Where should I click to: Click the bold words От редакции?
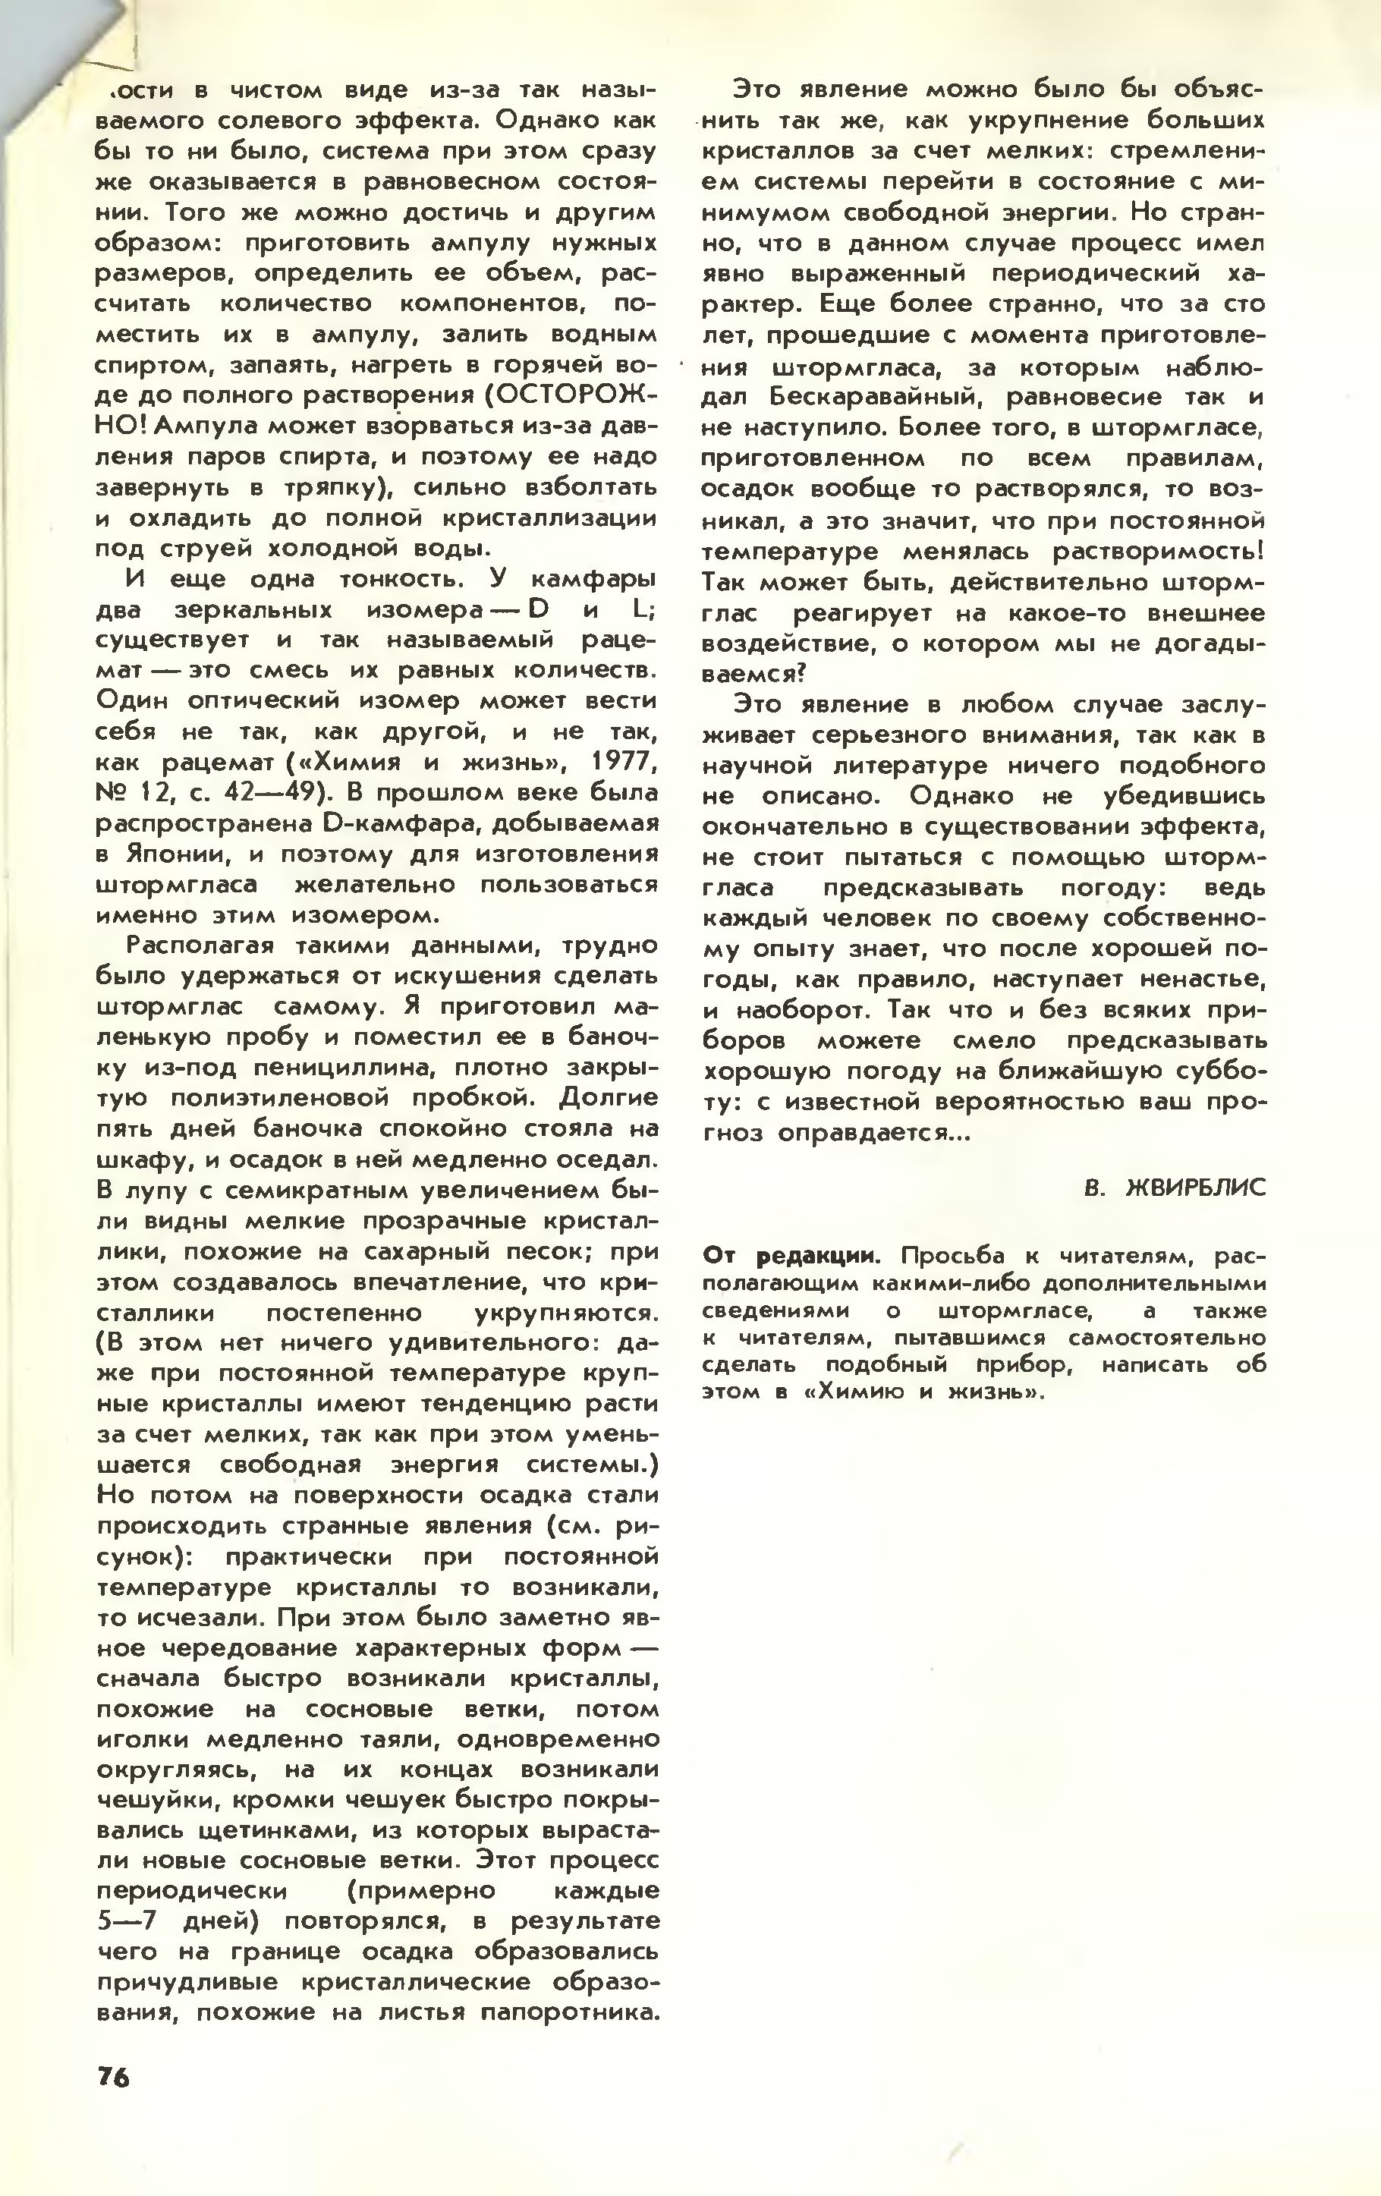click(x=791, y=1256)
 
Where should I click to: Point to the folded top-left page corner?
click(x=55, y=55)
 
